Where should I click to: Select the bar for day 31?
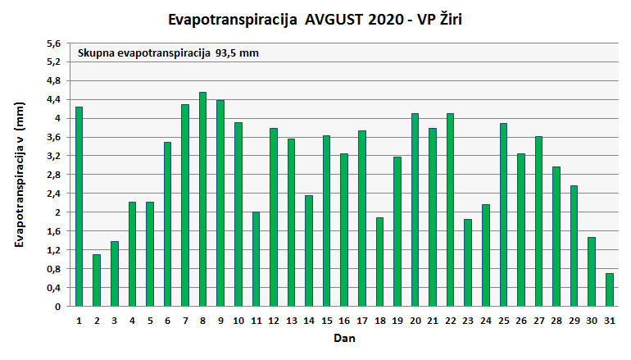click(609, 289)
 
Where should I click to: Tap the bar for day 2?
click(97, 280)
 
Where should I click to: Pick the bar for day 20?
click(415, 210)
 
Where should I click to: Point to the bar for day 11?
click(256, 259)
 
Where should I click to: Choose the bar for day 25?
click(503, 215)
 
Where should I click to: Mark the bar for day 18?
click(379, 262)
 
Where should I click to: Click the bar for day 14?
click(309, 251)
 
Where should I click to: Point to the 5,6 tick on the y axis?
click(53, 43)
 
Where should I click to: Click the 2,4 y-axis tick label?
click(53, 194)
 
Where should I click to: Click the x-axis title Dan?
click(343, 337)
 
